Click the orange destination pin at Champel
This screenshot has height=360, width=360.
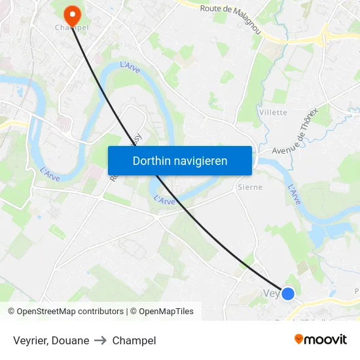click(71, 14)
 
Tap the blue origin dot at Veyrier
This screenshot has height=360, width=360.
click(287, 293)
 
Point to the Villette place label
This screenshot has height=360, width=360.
click(273, 113)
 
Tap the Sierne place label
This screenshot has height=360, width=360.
click(249, 187)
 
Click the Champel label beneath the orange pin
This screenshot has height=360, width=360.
click(72, 28)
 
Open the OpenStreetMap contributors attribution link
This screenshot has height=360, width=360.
click(70, 312)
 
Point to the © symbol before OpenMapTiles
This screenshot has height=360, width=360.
click(133, 312)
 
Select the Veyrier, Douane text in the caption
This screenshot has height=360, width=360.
click(50, 340)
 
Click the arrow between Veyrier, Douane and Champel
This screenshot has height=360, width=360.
click(100, 340)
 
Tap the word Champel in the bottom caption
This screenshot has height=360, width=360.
click(134, 340)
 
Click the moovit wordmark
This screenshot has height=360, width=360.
click(326, 340)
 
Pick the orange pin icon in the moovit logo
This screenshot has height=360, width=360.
click(299, 339)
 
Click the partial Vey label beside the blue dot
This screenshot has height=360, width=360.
click(271, 293)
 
